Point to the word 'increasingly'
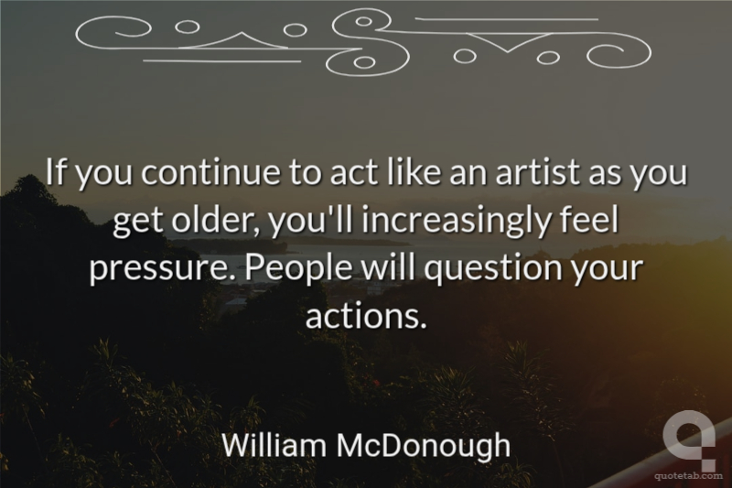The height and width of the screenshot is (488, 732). coord(456,222)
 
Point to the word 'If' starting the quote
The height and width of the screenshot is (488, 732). coord(57,171)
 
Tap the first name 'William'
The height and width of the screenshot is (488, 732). coord(274,445)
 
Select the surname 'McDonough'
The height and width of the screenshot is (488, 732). coord(424,446)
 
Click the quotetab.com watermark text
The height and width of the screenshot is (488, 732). coord(689,476)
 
